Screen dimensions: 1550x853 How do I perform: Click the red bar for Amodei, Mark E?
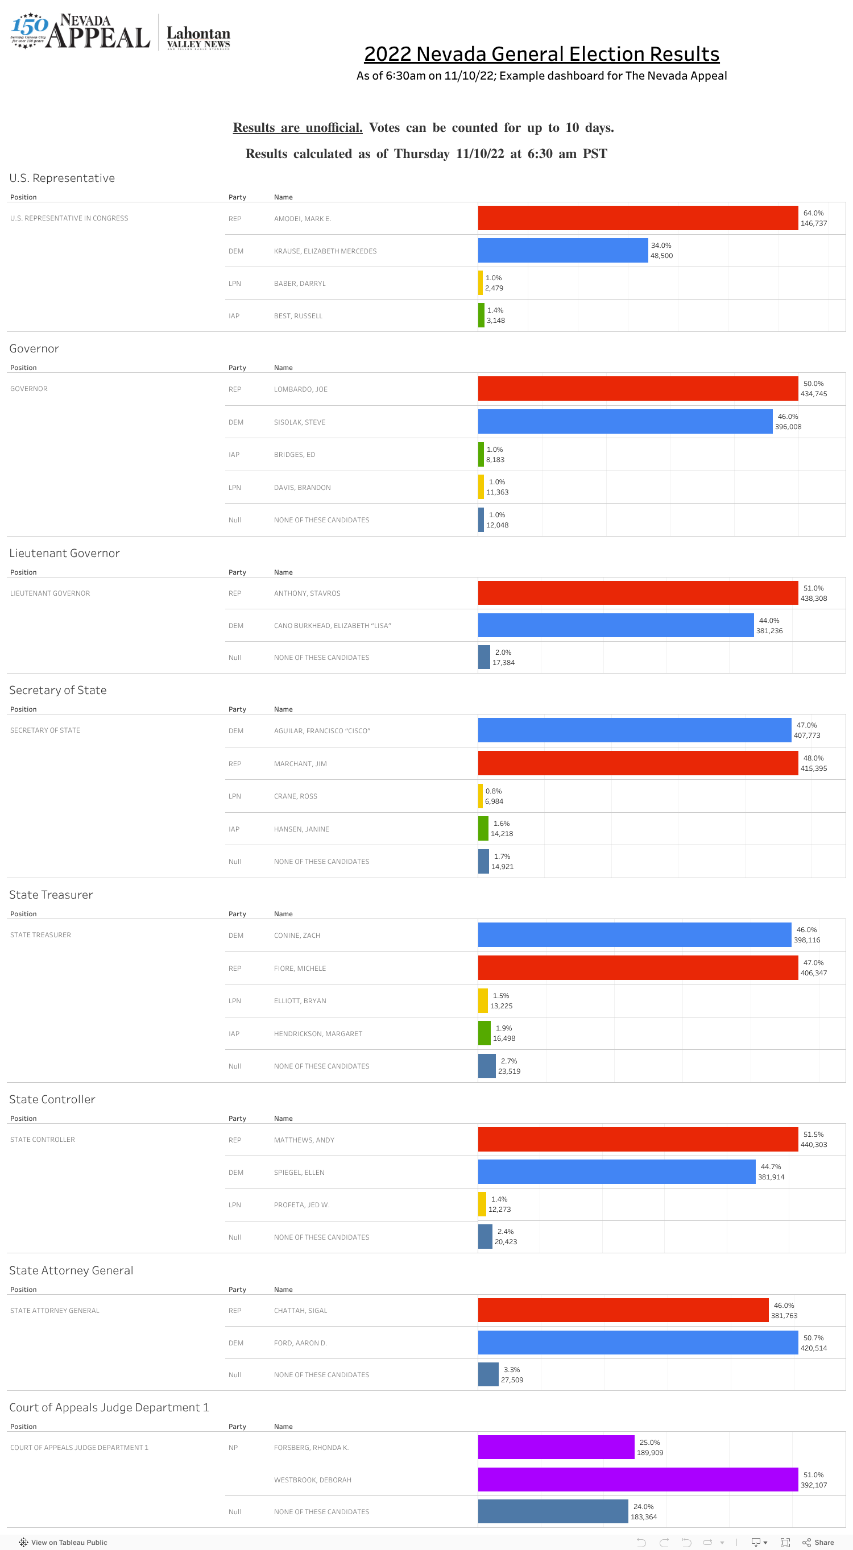(637, 218)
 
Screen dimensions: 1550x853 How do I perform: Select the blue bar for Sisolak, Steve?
(625, 421)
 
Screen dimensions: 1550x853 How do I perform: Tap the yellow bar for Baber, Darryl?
(481, 283)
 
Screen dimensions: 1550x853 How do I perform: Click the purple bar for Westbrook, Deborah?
(637, 1479)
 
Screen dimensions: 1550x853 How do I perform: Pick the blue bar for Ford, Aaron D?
(637, 1342)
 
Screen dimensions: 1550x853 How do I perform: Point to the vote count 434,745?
(813, 394)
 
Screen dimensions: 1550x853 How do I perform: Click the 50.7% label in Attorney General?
(813, 1337)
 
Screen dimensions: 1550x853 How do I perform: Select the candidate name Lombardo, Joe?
(300, 389)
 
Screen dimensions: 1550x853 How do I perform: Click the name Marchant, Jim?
(300, 763)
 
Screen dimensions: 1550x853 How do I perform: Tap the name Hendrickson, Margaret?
(318, 1034)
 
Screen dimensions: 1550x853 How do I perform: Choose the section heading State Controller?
(52, 1099)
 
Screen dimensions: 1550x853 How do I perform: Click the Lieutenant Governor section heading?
(64, 553)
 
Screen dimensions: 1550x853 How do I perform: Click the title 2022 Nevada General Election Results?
(541, 54)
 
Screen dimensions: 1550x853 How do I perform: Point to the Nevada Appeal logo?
(80, 31)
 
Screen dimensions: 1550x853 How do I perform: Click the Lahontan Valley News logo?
(198, 38)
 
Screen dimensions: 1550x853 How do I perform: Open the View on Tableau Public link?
(64, 1542)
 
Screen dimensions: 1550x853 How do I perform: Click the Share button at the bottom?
(818, 1542)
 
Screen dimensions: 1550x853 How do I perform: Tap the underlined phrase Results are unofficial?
(297, 127)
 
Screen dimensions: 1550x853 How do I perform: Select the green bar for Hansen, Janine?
(483, 829)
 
